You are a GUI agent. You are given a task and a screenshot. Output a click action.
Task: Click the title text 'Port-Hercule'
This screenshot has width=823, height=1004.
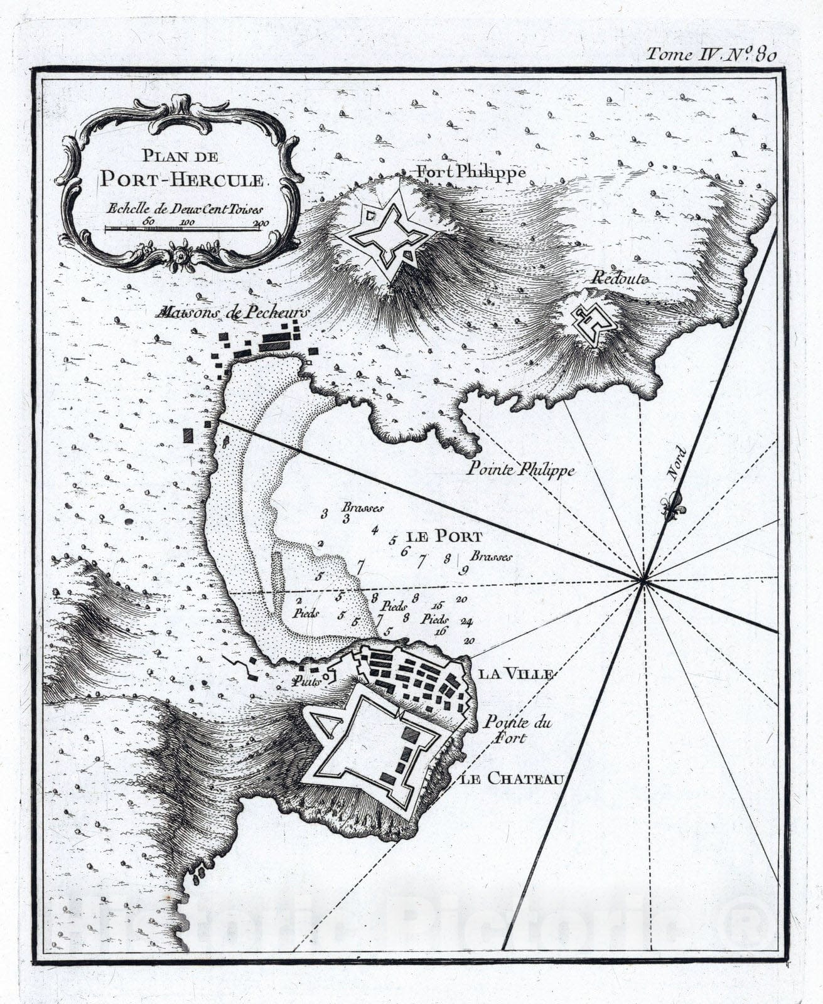tap(182, 180)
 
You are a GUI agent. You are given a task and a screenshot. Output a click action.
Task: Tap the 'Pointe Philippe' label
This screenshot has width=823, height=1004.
tap(520, 470)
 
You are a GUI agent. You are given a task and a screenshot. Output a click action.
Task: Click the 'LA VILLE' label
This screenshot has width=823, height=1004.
tap(515, 674)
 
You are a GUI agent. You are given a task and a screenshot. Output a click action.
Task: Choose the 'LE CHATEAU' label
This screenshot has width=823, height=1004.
tap(510, 779)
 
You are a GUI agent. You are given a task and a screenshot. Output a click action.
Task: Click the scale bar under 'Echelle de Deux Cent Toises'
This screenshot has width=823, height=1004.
tap(182, 229)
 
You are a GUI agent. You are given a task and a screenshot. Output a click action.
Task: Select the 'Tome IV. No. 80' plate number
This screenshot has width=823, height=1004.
tap(711, 55)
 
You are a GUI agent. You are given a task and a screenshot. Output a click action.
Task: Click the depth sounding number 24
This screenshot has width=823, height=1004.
tap(466, 621)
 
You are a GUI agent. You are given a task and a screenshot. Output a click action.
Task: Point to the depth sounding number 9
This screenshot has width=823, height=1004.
tap(464, 570)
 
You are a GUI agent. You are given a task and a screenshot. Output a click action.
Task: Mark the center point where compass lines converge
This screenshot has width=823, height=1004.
tap(643, 580)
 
